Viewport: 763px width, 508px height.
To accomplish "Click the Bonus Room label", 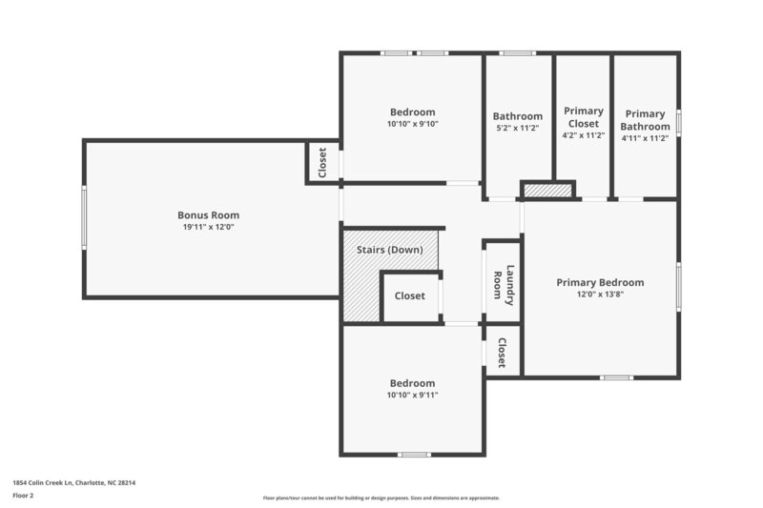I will pos(208,214).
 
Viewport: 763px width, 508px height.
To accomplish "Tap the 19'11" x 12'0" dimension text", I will pos(208,227).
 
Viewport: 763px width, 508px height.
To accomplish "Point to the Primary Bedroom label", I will pos(600,282).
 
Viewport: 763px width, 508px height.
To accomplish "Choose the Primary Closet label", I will pos(583,117).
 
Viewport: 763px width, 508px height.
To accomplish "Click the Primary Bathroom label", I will pos(645,120).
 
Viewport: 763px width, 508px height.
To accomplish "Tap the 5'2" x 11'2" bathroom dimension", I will pos(517,129).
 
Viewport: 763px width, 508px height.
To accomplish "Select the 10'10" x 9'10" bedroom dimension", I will pos(412,124).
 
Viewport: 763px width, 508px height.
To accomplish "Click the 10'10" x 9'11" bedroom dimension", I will pos(412,395).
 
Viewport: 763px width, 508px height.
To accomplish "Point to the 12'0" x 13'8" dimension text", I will pos(600,295).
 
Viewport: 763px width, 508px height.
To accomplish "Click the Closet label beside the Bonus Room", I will pos(322,162).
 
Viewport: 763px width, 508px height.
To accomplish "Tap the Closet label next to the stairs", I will pos(410,295).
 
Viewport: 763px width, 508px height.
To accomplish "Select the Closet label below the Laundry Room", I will pos(502,354).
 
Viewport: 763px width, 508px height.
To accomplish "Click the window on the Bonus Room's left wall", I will pos(84,218).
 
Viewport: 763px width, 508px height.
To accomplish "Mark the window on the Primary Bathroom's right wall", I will pos(678,121).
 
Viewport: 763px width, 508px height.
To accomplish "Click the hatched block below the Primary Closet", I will pos(547,191).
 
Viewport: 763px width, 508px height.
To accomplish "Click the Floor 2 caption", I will pos(23,496).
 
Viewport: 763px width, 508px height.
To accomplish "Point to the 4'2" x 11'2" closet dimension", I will pos(583,135).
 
